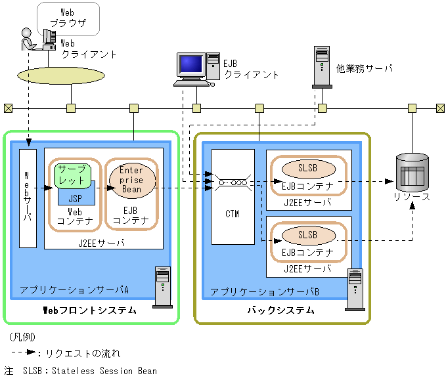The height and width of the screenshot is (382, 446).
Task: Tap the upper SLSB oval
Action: tap(307, 168)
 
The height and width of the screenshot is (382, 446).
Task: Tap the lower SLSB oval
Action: tap(307, 234)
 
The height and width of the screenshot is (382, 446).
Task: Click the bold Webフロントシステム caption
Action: tap(89, 310)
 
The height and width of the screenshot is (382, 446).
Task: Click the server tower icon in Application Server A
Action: tap(162, 287)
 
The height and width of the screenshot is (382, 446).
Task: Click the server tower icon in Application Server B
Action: tap(355, 287)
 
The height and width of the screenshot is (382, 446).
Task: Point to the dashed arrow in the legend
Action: tap(24, 352)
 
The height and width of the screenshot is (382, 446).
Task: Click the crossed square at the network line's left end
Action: tap(8, 108)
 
